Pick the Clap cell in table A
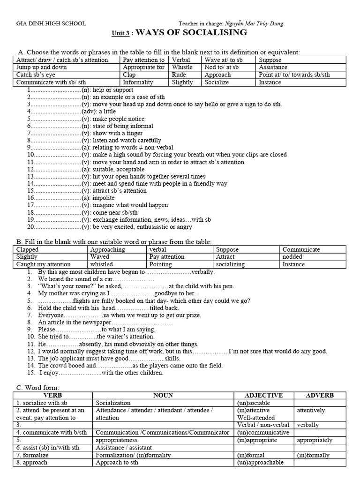coord(130,75)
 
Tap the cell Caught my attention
coord(43,264)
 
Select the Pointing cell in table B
coord(161,264)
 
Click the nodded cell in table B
coord(292,256)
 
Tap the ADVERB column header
coord(319,395)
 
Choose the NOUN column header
coord(163,395)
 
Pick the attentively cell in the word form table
coord(311,410)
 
